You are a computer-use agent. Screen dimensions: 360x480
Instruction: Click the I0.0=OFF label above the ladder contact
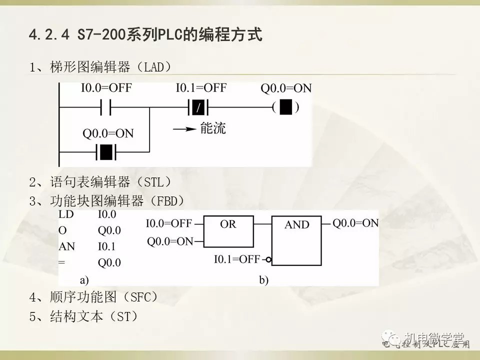[x=106, y=88]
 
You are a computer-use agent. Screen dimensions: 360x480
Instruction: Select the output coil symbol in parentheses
[x=285, y=107]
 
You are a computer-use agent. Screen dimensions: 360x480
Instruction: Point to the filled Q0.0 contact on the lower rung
[x=106, y=150]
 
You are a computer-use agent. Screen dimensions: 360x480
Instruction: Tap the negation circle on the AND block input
[x=268, y=259]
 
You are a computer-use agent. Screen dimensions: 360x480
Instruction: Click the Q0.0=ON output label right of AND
[x=355, y=223]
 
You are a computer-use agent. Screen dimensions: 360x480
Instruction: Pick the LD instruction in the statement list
[x=66, y=214]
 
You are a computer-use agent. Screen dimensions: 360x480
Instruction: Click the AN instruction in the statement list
[x=66, y=246]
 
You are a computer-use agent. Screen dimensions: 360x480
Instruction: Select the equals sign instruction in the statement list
[x=61, y=262]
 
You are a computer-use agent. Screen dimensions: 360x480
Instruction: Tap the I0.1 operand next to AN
[x=107, y=246]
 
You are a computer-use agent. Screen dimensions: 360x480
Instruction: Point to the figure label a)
[x=84, y=280]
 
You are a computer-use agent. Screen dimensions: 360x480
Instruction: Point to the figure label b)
[x=263, y=280]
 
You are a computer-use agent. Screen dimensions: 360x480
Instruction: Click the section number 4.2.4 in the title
[x=50, y=35]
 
